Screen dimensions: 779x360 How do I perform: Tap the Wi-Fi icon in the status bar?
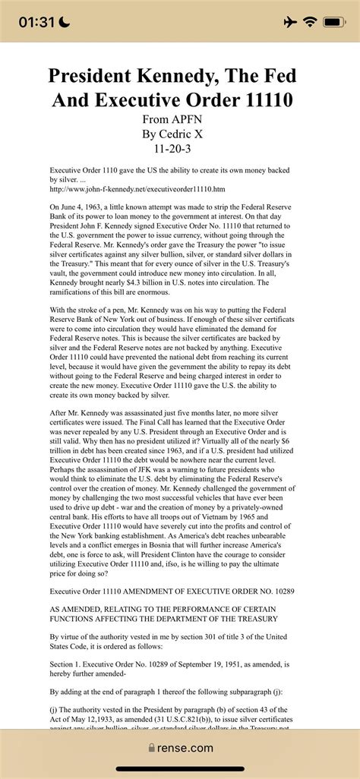tap(310, 22)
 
